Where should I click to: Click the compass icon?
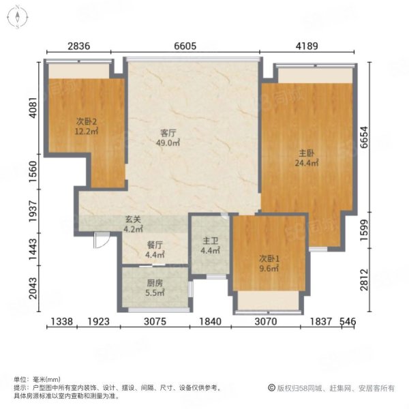click(x=18, y=17)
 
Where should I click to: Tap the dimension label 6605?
click(x=185, y=46)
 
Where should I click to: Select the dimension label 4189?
click(x=307, y=46)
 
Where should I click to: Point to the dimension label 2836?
click(x=79, y=46)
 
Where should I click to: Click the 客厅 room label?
click(x=168, y=133)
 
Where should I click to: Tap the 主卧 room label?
click(x=307, y=153)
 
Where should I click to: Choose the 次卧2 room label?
click(x=87, y=121)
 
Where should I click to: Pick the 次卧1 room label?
click(x=269, y=259)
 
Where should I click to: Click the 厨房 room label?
click(x=155, y=283)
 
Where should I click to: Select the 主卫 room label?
click(x=210, y=241)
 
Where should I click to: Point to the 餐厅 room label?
click(x=155, y=245)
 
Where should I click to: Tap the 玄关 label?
click(x=133, y=219)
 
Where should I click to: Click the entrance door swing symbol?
click(x=102, y=240)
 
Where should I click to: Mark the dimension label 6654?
click(x=364, y=137)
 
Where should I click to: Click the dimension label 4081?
click(x=33, y=108)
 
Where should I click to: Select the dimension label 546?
click(x=348, y=321)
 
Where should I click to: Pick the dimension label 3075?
click(x=155, y=321)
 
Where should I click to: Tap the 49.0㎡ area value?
click(x=168, y=143)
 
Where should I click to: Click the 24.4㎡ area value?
click(x=307, y=163)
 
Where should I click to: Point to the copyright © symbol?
click(x=271, y=388)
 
